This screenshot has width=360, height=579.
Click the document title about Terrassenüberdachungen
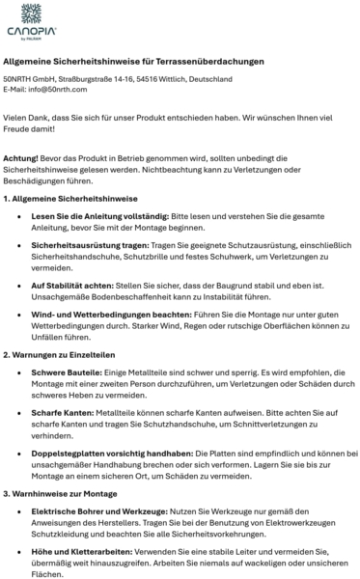click(134, 61)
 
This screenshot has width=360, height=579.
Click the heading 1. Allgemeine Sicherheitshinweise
click(69, 198)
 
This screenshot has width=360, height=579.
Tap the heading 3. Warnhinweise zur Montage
click(62, 492)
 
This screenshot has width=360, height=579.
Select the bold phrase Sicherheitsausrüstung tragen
click(90, 246)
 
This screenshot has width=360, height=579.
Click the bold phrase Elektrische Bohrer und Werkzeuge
click(99, 510)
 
